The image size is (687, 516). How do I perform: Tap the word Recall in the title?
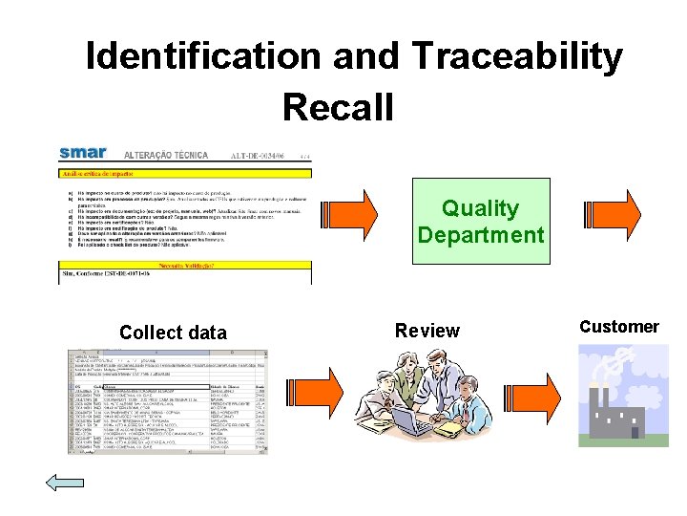coord(339,106)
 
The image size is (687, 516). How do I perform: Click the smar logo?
coord(83,153)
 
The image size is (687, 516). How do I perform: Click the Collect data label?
coord(173,333)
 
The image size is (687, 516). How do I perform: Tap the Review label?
coord(427,331)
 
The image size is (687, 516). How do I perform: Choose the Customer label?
coord(618,327)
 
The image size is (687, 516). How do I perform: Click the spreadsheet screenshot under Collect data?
coord(168,401)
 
